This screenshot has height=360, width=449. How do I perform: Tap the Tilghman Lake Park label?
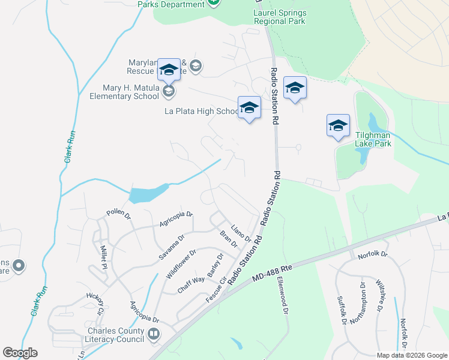pyautogui.click(x=391, y=139)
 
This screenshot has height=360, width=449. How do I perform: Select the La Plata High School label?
pyautogui.click(x=202, y=111)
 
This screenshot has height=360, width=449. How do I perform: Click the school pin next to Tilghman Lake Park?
pyautogui.click(x=338, y=125)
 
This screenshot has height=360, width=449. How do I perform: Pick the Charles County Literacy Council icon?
pyautogui.click(x=154, y=334)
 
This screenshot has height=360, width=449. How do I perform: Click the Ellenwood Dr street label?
pyautogui.click(x=282, y=293)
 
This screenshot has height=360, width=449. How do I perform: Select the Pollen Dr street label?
pyautogui.click(x=119, y=214)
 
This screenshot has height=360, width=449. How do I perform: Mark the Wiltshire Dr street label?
pyautogui.click(x=379, y=296)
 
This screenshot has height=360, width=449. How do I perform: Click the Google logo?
pyautogui.click(x=20, y=353)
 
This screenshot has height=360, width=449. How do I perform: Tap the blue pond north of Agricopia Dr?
pyautogui.click(x=146, y=193)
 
